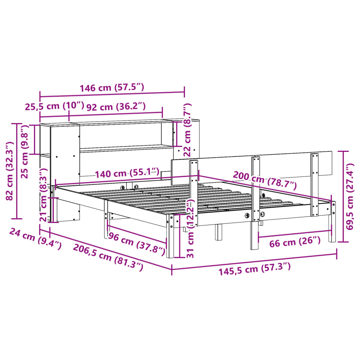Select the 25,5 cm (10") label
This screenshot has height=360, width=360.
(54, 106)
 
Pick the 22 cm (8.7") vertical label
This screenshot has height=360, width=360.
(188, 129)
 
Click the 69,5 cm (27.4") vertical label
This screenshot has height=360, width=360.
(350, 196)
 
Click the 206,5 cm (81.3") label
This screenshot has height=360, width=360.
(108, 257)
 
